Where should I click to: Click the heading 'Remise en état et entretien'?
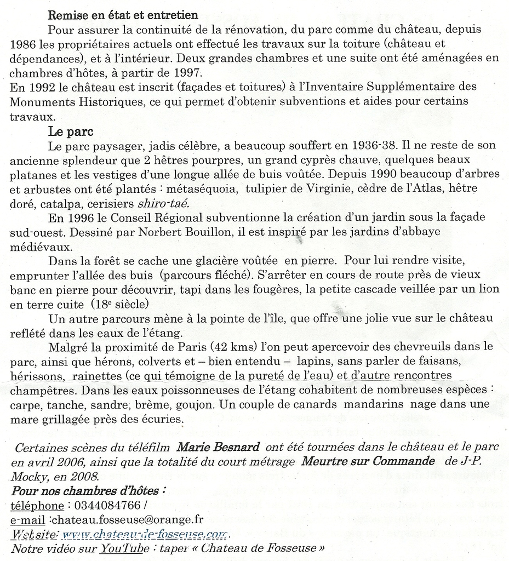coord(123,15)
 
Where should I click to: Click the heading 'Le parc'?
coord(71,132)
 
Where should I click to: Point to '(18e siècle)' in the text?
coord(116,303)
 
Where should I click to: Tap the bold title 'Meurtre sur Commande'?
coord(368,461)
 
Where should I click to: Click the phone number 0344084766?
coord(106,505)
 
